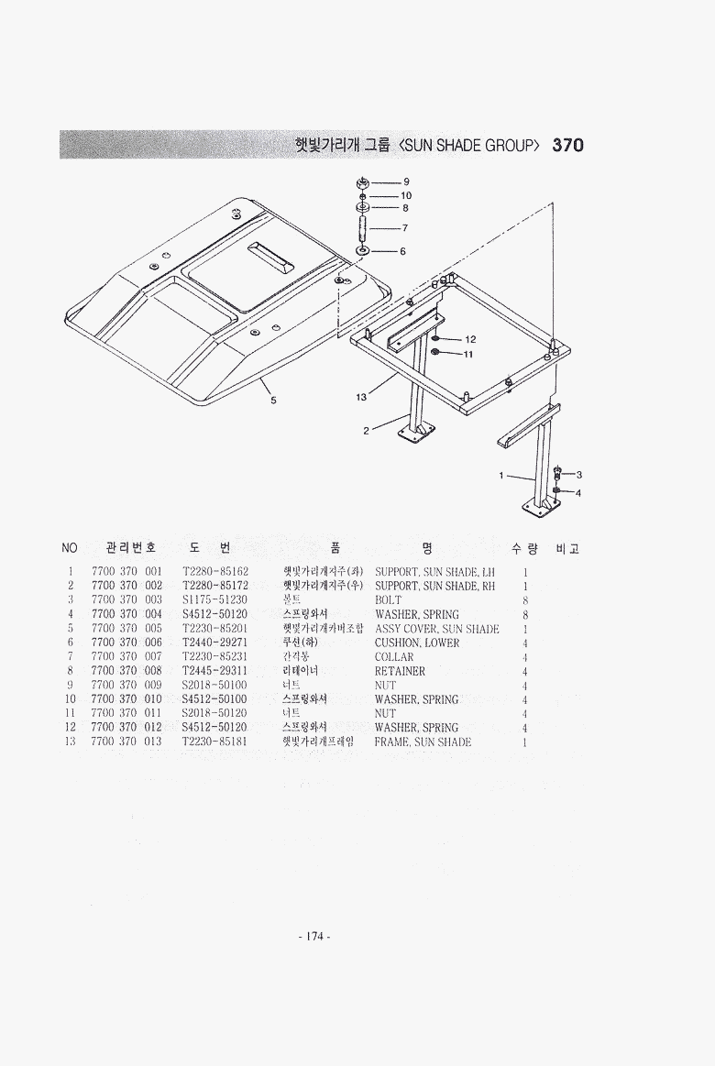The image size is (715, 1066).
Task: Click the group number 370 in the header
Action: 568,145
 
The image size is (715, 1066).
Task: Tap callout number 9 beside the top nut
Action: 406,182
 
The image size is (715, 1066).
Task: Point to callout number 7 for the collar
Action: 404,227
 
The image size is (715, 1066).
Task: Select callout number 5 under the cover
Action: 272,399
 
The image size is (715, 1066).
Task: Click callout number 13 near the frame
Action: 361,397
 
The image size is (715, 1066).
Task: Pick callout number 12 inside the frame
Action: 469,340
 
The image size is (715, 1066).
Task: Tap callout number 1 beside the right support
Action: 501,476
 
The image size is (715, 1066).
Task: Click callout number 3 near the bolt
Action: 579,475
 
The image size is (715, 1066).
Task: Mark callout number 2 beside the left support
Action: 365,431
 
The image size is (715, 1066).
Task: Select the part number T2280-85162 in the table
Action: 215,572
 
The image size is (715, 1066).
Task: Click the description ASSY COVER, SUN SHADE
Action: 437,629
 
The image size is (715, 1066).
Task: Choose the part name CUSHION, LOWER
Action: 417,643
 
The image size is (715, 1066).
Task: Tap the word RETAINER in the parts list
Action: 400,671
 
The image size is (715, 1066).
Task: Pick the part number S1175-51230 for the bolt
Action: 215,600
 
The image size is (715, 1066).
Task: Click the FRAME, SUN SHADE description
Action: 423,742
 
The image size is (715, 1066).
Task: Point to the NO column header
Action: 70,548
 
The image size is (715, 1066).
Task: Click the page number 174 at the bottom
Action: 314,936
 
